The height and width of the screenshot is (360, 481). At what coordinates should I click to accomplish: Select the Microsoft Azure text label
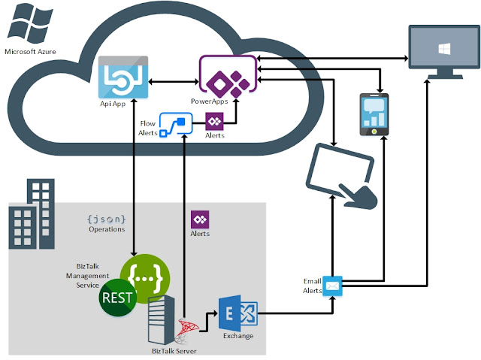coord(31,51)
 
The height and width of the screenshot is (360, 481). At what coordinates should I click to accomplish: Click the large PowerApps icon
coord(222,76)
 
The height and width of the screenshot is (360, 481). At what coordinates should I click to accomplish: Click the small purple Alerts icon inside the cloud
coord(215,121)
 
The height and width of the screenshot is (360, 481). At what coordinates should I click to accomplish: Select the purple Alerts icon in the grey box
coord(200,220)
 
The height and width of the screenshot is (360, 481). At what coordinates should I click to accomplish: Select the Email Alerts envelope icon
coord(333,286)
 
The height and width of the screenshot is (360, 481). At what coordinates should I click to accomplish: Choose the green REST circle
coord(117,298)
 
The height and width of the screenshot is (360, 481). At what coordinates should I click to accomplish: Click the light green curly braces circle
coord(144,275)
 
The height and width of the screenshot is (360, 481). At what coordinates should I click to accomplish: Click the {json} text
coord(106,219)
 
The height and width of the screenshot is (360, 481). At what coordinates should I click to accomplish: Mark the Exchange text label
coord(237,335)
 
